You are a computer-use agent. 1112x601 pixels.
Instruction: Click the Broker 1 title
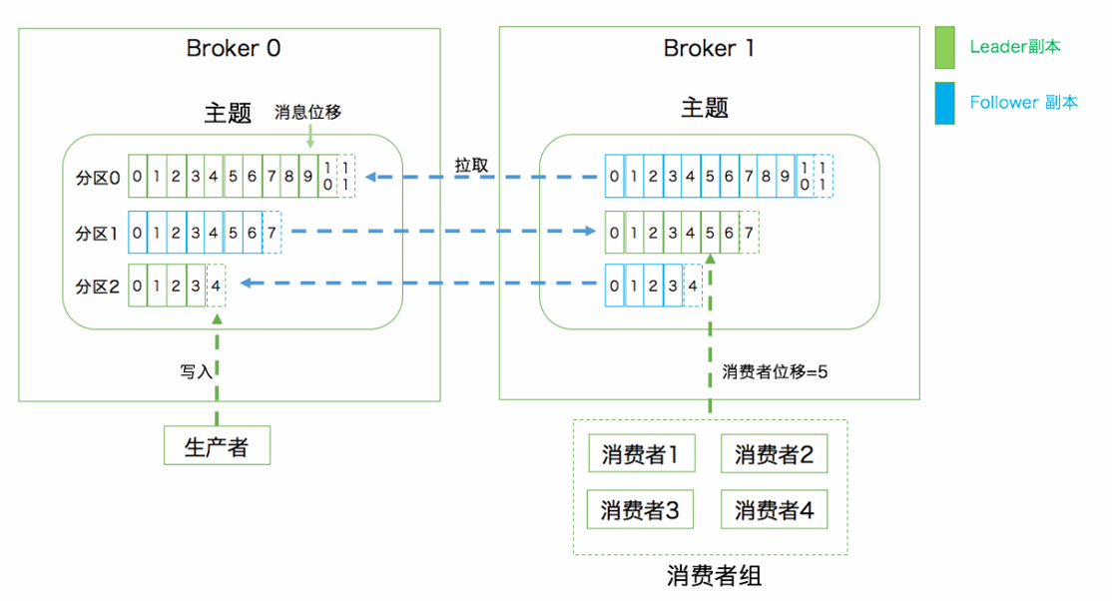tap(710, 49)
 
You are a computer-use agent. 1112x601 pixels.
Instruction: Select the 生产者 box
tap(217, 445)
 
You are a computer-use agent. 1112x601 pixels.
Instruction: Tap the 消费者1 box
tap(640, 455)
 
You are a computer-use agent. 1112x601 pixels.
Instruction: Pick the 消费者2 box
tap(774, 455)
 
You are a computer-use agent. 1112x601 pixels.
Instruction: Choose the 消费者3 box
tap(640, 510)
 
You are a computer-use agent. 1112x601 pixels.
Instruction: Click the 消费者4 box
tap(774, 510)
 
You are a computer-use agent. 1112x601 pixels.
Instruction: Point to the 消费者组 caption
tap(714, 577)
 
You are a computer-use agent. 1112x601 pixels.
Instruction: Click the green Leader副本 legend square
tap(944, 48)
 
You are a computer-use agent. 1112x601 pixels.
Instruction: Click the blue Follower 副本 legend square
tap(944, 103)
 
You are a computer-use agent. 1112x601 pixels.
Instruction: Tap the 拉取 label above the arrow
tap(471, 166)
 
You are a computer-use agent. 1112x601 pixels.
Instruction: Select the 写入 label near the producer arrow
tap(196, 371)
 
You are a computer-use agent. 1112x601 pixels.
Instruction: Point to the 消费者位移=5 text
tap(776, 371)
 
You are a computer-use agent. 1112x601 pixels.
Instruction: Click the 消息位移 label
tap(308, 113)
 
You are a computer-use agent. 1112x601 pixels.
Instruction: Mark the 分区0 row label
tap(98, 178)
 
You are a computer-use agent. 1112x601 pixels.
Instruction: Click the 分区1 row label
tap(98, 234)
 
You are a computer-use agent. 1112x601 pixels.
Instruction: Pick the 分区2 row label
tap(98, 287)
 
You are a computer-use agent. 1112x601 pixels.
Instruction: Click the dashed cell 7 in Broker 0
tap(272, 233)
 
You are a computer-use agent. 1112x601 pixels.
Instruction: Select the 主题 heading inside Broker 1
tap(705, 108)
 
